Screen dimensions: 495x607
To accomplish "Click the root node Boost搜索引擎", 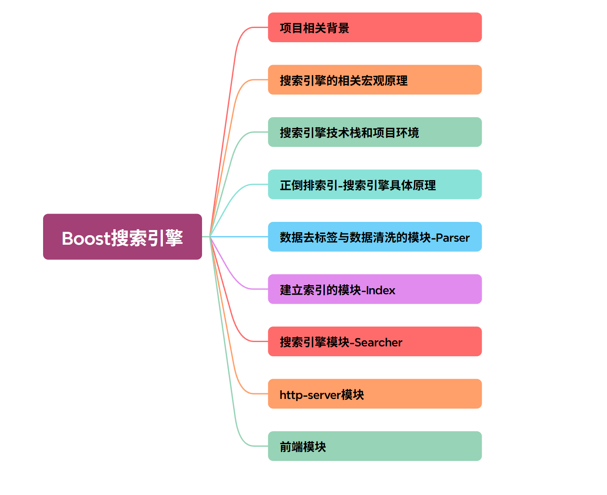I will point(122,237).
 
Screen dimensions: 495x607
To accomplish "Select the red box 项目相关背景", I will point(374,28).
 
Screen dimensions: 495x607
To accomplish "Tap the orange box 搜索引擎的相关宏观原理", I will point(374,80).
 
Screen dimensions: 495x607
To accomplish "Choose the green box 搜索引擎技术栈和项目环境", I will point(374,132).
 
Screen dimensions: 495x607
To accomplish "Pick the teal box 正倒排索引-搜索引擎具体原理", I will point(374,184).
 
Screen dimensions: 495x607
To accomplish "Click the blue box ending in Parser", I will point(374,237).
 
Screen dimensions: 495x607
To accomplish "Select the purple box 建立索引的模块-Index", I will point(374,289).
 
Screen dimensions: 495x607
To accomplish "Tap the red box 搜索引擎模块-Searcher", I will point(374,342).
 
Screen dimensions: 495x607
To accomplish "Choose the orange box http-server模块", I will point(374,394).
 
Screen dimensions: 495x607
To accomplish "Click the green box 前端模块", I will point(374,446).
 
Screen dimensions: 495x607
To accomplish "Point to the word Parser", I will point(452,238).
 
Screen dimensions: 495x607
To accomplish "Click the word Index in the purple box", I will point(380,290).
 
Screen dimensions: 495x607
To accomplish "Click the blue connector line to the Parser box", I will point(241,237).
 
